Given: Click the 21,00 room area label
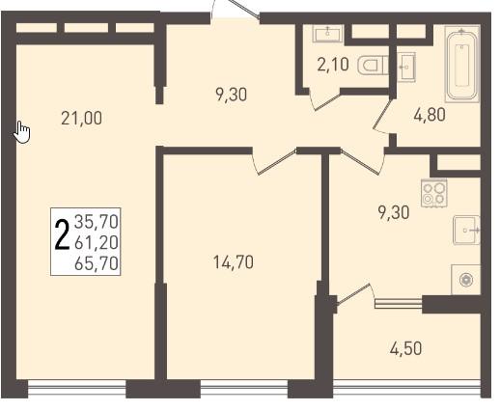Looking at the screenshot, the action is [x=82, y=118].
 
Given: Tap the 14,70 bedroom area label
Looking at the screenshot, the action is [x=234, y=262].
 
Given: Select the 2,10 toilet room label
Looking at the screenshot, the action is [x=333, y=65].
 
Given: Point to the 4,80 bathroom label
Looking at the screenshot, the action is [x=430, y=115].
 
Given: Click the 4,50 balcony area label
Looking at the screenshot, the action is [x=405, y=348].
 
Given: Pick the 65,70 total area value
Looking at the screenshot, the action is [x=97, y=263].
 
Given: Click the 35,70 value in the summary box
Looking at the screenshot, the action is [x=97, y=222].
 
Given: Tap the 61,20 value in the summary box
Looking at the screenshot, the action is [x=97, y=242].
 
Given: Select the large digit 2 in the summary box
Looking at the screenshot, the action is [x=62, y=234].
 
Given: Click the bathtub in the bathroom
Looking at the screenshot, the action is [x=462, y=65].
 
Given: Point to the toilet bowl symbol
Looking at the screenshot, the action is [x=374, y=66].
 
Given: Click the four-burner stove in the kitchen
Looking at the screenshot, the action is [x=434, y=193].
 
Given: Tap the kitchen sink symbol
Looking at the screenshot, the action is [x=466, y=231].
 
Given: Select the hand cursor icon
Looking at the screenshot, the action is [x=22, y=132].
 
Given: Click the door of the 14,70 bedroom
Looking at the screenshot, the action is [x=274, y=162].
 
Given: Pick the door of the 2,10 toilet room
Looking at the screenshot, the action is [x=324, y=99].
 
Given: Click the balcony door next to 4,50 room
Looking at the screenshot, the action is [x=354, y=294].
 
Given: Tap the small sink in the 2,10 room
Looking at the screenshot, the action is [x=327, y=34].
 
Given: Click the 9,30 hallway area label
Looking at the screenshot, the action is [x=231, y=95].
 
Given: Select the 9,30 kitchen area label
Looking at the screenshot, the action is [x=394, y=212].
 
